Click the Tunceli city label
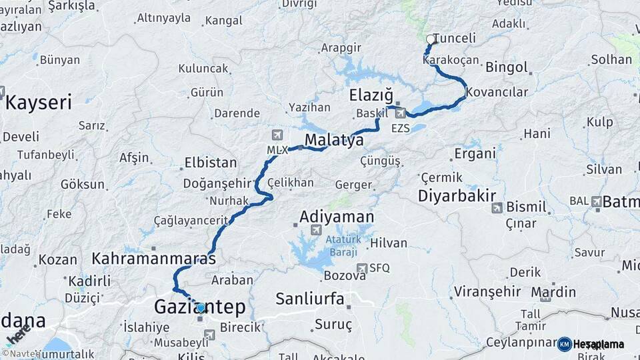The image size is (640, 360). pyautogui.click(x=455, y=38)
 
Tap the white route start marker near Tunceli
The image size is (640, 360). pyautogui.click(x=431, y=39)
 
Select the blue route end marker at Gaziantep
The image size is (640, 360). pyautogui.click(x=201, y=307)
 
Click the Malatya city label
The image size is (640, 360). pyautogui.click(x=334, y=140)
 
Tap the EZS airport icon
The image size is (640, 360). pyautogui.click(x=399, y=114)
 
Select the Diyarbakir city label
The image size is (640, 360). pyautogui.click(x=457, y=195)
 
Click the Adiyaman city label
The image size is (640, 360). pyautogui.click(x=337, y=217)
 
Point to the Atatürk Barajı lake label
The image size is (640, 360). pyautogui.click(x=342, y=245)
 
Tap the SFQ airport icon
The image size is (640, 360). pyautogui.click(x=362, y=269)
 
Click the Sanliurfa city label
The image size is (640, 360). pyautogui.click(x=310, y=298)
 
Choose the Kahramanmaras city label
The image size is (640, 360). pyautogui.click(x=154, y=258)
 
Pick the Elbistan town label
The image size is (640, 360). pyautogui.click(x=210, y=162)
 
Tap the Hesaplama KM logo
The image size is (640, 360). pyautogui.click(x=591, y=344)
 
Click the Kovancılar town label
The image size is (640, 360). pyautogui.click(x=498, y=91)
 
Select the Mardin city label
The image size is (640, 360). pyautogui.click(x=553, y=291)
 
